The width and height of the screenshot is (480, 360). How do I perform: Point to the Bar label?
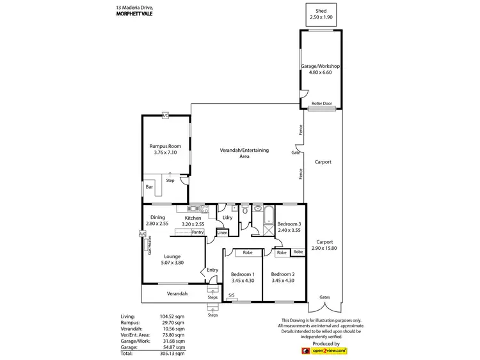click(149, 188)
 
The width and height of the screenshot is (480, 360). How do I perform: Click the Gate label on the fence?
click(296, 153)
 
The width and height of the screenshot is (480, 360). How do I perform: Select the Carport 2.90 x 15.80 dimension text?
click(323, 248)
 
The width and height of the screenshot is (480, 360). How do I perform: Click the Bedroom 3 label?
click(289, 224)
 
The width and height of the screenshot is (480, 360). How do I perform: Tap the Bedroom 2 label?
click(283, 274)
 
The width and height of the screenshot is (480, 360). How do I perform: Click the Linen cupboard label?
click(222, 233)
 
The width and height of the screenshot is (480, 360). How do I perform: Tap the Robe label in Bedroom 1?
click(247, 252)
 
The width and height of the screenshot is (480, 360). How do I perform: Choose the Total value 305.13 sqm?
click(173, 353)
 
